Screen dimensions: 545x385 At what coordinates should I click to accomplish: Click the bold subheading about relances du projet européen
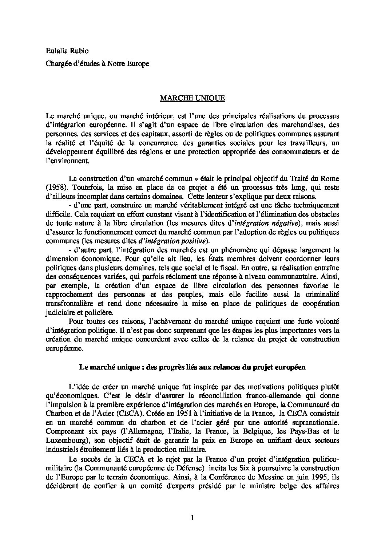192,367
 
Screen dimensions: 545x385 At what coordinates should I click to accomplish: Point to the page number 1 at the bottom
192,518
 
